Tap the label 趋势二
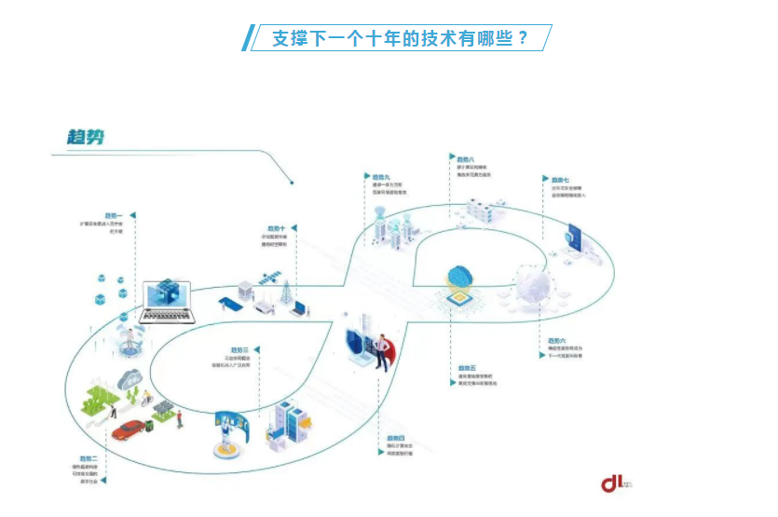coord(89,458)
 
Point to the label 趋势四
coord(395,437)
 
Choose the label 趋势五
coord(466,368)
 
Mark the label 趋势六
coord(556,341)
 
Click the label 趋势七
coord(559,179)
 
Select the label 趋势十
coord(276,227)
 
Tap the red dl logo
coord(612,483)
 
